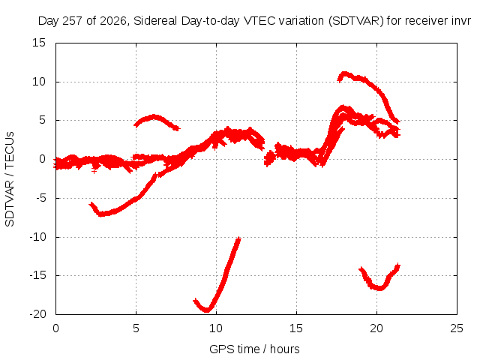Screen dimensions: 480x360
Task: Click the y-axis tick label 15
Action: coord(39,43)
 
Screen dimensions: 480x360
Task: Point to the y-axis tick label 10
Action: coord(39,82)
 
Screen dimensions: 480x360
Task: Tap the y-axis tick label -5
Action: coord(40,198)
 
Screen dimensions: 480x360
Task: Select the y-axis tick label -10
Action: coord(37,237)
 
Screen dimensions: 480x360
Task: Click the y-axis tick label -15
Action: coord(37,275)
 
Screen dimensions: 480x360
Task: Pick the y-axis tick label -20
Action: coord(37,314)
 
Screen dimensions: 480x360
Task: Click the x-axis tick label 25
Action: coord(457,328)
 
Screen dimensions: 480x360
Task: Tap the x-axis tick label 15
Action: coord(296,328)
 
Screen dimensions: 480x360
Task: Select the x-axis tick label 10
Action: coord(216,328)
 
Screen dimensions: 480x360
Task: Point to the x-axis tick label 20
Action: coord(376,328)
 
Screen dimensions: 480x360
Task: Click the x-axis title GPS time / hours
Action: coord(254,349)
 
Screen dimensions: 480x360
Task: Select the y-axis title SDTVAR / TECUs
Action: coord(10,179)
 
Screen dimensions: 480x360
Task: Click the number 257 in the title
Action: coord(73,21)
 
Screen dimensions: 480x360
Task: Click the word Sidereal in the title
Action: coord(155,21)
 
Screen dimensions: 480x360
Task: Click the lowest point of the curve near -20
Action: coord(207,310)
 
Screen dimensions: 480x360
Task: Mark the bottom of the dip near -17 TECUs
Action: coord(379,288)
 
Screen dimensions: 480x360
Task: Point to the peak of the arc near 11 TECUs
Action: coord(344,73)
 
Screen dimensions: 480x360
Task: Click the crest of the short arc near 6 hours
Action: coord(154,116)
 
